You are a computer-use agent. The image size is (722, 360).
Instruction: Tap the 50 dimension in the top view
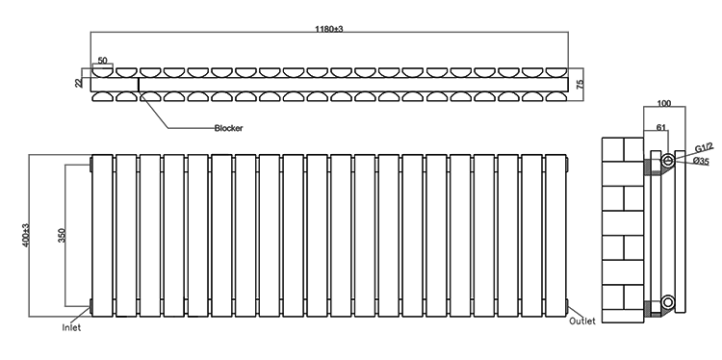point(101,61)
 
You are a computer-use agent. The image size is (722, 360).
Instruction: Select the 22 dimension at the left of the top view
point(80,84)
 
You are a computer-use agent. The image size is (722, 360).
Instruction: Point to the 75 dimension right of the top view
point(580,85)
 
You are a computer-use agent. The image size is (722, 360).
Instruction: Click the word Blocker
point(229,127)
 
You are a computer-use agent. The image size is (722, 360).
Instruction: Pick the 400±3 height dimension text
point(26,235)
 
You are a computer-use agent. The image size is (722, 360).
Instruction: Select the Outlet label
point(582,321)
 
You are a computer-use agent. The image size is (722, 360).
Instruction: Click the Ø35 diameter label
point(701,161)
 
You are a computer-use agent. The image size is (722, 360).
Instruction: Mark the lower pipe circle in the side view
point(668,303)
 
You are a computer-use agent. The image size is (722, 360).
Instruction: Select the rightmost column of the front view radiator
point(557,234)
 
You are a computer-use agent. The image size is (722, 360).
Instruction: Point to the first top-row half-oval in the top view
point(102,71)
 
